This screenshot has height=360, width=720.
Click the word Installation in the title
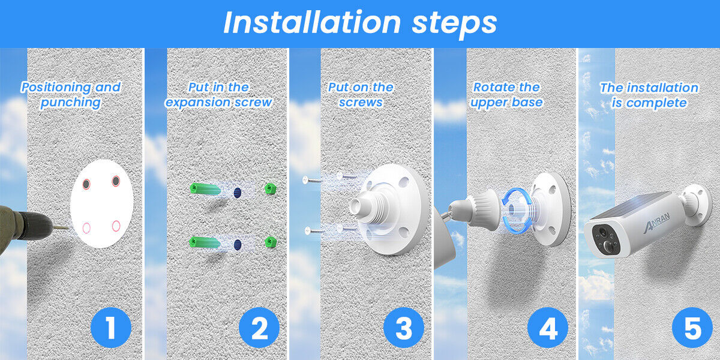tap(312, 23)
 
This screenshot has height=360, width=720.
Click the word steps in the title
tap(454, 24)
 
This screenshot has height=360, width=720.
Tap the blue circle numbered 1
tap(111, 328)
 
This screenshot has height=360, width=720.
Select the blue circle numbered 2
tap(259, 328)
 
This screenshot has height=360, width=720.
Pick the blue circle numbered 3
tap(404, 328)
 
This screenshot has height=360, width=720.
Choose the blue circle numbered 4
tap(548, 328)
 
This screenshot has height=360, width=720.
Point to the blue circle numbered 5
tap(692, 328)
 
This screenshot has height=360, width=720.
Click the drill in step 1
tap(26, 228)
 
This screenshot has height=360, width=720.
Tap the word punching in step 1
tap(71, 103)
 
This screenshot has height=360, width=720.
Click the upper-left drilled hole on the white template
tap(86, 184)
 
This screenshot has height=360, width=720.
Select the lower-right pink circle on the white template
tap(116, 226)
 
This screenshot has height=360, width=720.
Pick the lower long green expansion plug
tap(205, 242)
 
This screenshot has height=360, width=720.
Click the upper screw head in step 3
tap(305, 180)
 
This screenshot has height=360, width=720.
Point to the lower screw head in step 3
tap(308, 230)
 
